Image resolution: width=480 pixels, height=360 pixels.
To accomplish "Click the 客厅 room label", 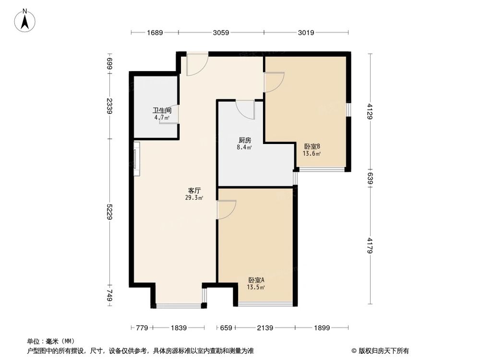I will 194,190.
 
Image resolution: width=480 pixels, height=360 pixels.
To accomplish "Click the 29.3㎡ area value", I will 194,197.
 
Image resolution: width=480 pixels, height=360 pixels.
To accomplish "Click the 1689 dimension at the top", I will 155,33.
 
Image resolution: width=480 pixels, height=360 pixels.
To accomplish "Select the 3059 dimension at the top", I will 221,33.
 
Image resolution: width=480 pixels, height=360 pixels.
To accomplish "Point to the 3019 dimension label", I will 306,33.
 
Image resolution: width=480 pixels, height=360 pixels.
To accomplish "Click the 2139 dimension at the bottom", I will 265,328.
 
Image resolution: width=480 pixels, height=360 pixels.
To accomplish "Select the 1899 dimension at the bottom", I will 323,328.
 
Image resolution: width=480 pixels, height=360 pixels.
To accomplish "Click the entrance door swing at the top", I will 197,64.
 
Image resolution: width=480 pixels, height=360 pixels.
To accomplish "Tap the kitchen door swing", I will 245,109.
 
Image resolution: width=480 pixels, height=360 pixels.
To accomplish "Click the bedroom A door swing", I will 226,209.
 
